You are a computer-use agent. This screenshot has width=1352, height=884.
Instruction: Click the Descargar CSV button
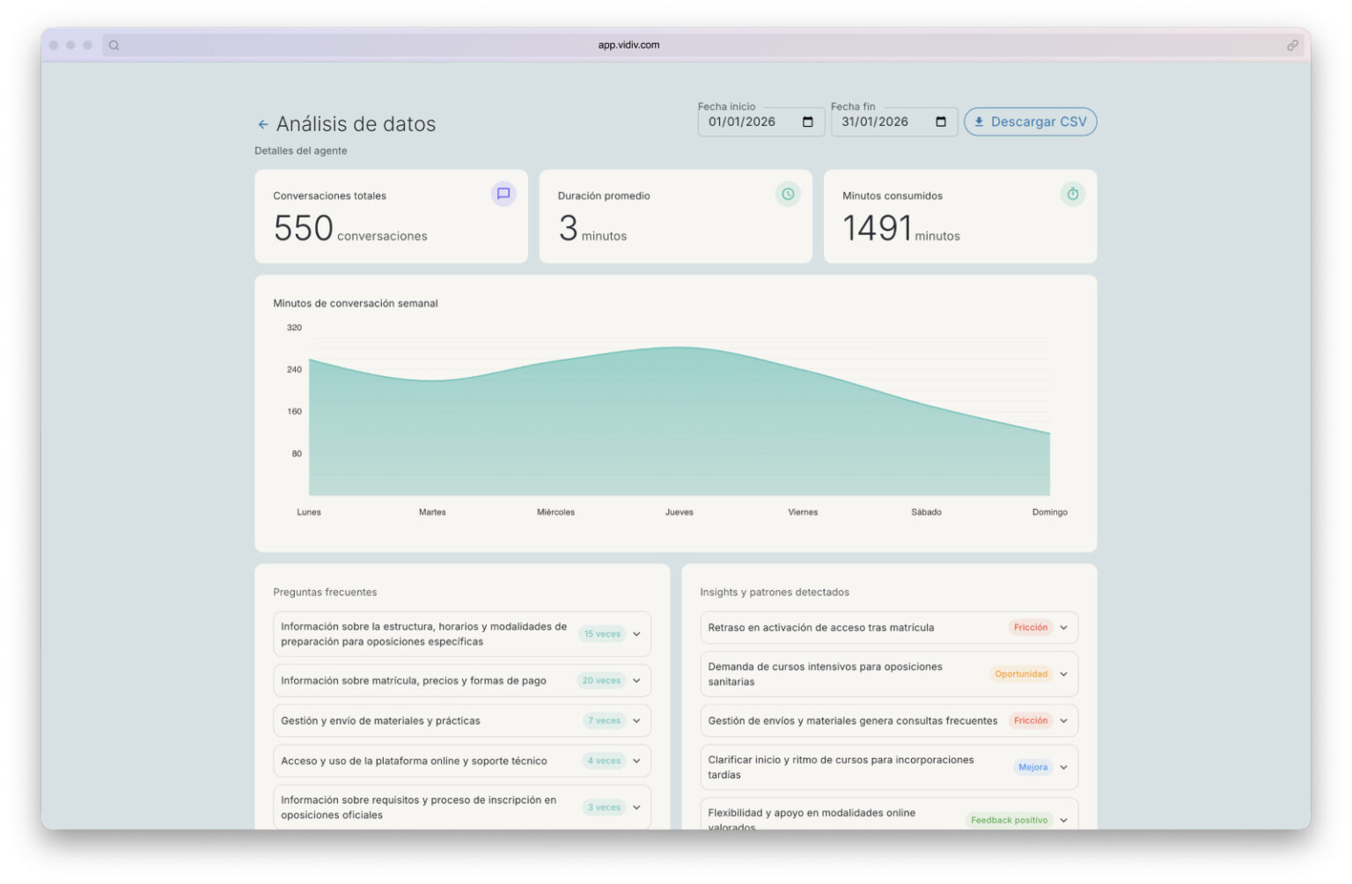tap(1030, 122)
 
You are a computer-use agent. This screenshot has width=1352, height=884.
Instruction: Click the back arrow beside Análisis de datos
tap(262, 124)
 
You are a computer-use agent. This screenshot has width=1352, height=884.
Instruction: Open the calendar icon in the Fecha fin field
tap(940, 122)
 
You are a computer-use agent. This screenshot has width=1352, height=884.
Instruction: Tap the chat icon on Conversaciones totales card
tap(503, 194)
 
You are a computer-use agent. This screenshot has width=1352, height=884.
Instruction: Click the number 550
tap(303, 228)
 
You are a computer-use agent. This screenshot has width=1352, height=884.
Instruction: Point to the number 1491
tap(876, 228)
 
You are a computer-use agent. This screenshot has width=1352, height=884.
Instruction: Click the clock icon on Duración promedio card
tap(788, 194)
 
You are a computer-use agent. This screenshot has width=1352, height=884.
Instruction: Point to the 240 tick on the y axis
tap(294, 369)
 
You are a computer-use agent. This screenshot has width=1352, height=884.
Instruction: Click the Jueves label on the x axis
tap(679, 512)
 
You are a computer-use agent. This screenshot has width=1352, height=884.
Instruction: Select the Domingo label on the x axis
tap(1049, 512)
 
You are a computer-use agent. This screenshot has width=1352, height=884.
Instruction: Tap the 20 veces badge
tap(601, 681)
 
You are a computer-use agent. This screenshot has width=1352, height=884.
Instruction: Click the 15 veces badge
tap(602, 634)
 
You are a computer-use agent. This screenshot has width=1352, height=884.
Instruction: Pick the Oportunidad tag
tap(1021, 674)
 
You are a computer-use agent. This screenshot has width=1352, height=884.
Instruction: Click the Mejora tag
tap(1032, 767)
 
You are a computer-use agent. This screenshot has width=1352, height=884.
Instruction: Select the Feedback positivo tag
tap(1009, 820)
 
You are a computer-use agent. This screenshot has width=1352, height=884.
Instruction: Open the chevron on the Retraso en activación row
tap(1063, 628)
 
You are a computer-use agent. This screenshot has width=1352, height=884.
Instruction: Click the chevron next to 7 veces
tap(636, 720)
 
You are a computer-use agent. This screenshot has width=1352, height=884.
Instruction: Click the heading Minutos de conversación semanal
tap(355, 303)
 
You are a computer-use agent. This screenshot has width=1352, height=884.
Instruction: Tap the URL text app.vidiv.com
tap(628, 45)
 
